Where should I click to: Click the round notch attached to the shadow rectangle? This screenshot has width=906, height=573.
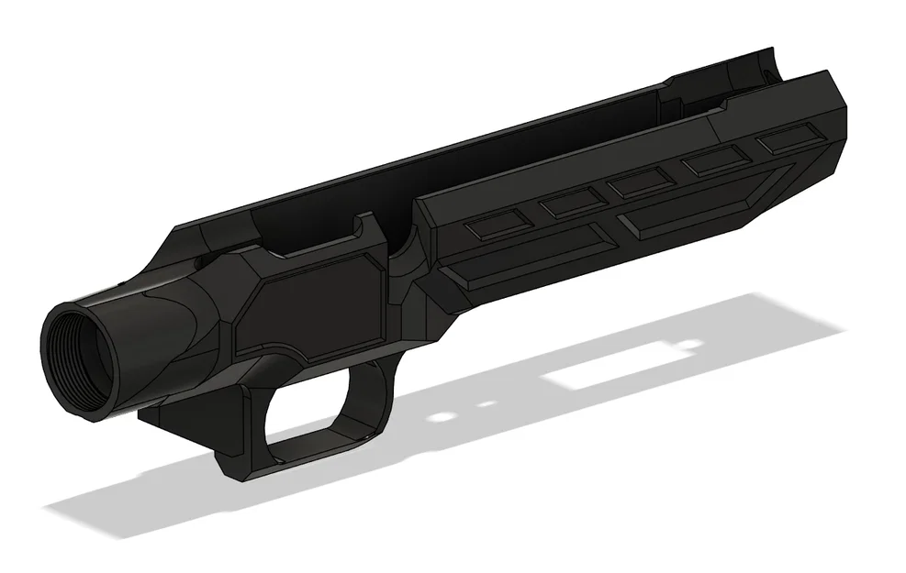coord(683,344)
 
